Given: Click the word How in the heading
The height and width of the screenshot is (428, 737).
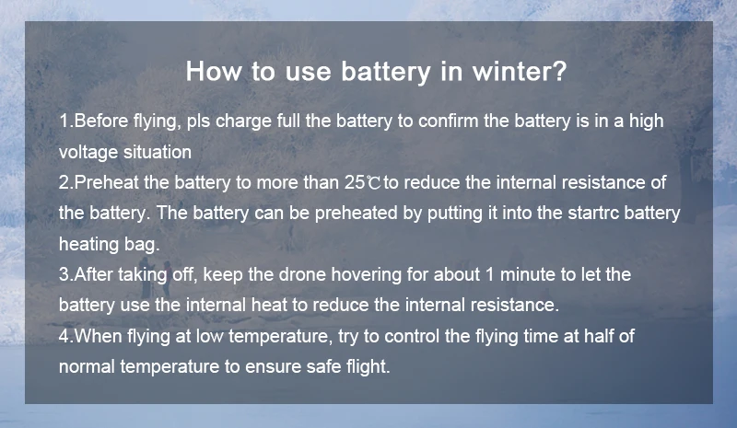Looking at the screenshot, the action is click(x=215, y=72).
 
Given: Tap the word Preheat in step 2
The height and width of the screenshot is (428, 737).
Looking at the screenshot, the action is click(x=106, y=182).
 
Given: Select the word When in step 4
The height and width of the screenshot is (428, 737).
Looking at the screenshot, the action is click(x=99, y=336).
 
